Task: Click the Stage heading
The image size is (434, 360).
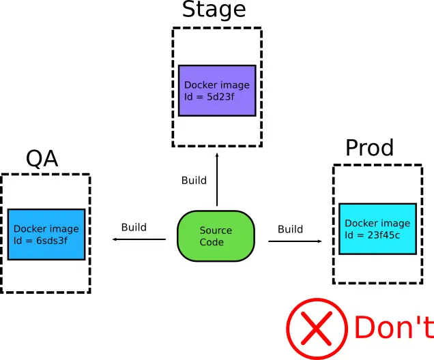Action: click(213, 11)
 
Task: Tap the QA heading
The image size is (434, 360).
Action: click(42, 158)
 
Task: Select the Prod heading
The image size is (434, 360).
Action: click(369, 148)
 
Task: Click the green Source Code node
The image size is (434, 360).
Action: click(216, 237)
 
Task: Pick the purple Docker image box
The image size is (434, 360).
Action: click(217, 91)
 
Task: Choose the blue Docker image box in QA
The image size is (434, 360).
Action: click(46, 234)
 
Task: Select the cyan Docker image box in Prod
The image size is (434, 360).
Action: click(377, 228)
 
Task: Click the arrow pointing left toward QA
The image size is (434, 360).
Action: click(139, 239)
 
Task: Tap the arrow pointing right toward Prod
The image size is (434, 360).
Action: click(295, 241)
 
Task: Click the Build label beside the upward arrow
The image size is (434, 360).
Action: click(194, 181)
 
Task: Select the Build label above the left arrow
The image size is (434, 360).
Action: click(134, 227)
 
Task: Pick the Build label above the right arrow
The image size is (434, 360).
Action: click(290, 229)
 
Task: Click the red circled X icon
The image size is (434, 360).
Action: click(316, 329)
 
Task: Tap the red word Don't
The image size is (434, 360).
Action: click(392, 328)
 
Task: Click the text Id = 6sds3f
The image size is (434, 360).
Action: click(41, 240)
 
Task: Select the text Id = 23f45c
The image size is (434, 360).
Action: click(372, 235)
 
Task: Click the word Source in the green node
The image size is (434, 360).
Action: click(216, 230)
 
